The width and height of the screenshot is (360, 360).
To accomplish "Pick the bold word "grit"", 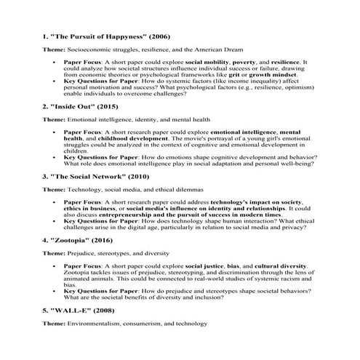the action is point(236,74).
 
